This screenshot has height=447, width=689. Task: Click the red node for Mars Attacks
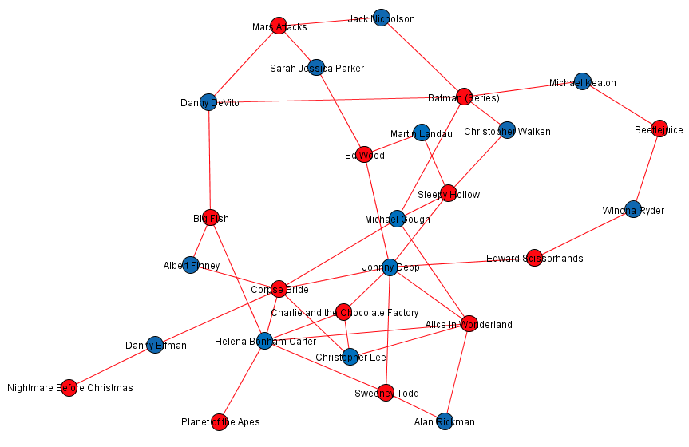(279, 26)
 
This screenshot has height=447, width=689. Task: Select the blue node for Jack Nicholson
(382, 18)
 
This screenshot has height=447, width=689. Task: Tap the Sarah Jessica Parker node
(316, 67)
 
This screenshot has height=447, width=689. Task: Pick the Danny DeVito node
(208, 102)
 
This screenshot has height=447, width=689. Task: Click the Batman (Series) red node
(464, 97)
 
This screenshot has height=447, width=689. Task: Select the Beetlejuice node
(659, 129)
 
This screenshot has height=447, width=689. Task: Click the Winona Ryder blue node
(633, 210)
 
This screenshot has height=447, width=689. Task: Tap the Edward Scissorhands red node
(534, 257)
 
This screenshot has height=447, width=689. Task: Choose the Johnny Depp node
(390, 267)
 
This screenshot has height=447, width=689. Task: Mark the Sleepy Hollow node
(448, 193)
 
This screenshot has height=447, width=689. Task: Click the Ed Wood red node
(364, 155)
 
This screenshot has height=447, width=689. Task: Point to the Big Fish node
(211, 218)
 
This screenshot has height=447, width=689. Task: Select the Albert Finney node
(190, 265)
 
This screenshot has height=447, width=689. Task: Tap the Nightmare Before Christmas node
(69, 388)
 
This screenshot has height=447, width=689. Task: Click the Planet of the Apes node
(220, 422)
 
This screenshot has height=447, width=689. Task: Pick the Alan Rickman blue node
(445, 421)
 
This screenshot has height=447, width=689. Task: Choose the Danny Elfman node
(155, 345)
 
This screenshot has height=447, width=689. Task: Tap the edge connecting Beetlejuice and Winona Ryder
(647, 169)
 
